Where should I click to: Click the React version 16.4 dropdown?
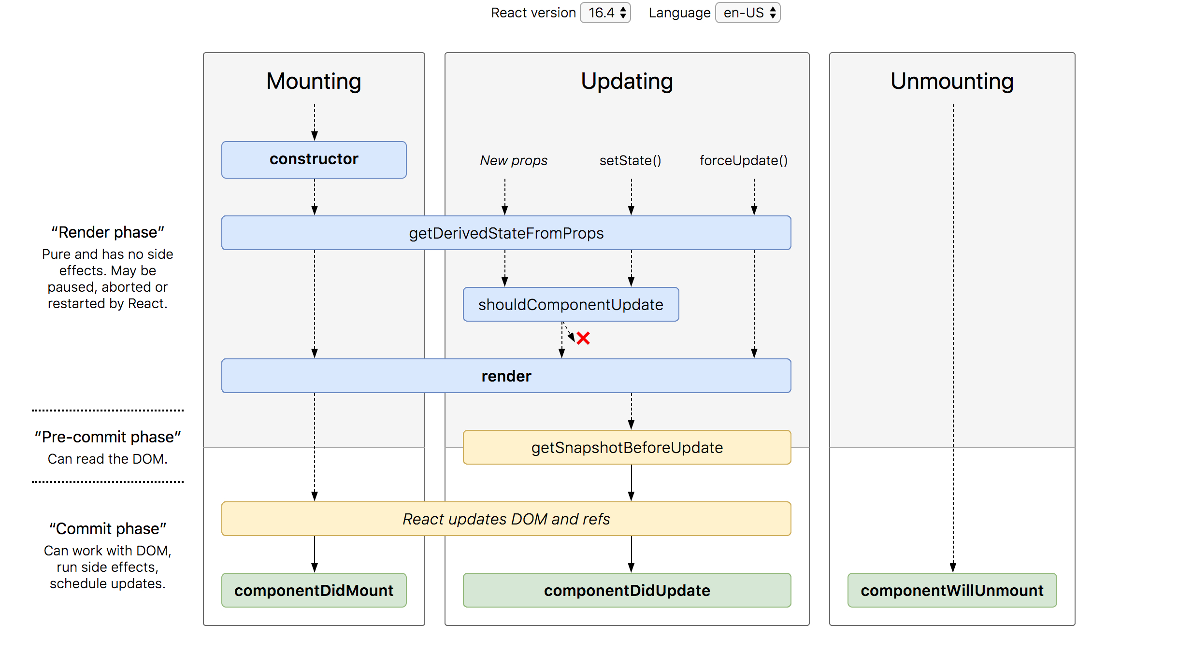click(x=605, y=13)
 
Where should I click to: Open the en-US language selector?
click(x=747, y=13)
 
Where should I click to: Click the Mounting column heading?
click(x=314, y=81)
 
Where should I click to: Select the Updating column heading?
click(x=627, y=81)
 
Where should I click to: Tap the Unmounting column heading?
click(x=952, y=81)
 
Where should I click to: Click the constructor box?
click(x=314, y=159)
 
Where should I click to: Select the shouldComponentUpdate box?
click(x=571, y=304)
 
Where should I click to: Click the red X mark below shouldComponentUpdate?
click(x=583, y=338)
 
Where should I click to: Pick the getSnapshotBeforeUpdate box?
click(x=627, y=447)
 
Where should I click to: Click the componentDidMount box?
click(x=314, y=590)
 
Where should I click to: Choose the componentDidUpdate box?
click(x=627, y=590)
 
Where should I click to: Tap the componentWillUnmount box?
click(x=952, y=590)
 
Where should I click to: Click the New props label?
click(x=513, y=160)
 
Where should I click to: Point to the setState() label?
click(x=630, y=160)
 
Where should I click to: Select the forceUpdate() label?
click(x=744, y=160)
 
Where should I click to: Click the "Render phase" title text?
click(x=108, y=232)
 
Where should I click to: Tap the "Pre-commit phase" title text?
click(x=108, y=437)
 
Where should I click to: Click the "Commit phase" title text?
click(x=108, y=529)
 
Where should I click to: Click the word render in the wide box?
click(x=506, y=376)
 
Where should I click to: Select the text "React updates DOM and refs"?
click(x=506, y=519)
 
